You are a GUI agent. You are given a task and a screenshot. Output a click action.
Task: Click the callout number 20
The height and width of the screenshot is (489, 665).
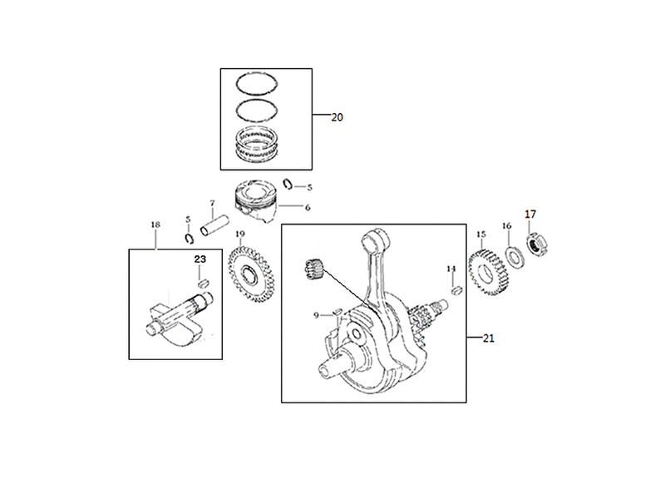337,117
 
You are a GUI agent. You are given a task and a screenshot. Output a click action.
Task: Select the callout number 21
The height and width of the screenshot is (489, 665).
489,338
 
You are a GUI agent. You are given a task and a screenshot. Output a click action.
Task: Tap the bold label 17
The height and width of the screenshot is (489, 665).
530,215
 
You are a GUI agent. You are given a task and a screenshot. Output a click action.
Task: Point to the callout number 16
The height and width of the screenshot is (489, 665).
507,226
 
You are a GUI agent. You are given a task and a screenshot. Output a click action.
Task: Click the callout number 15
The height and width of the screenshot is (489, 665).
481,235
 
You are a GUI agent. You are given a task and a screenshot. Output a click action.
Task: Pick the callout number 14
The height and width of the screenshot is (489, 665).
451,269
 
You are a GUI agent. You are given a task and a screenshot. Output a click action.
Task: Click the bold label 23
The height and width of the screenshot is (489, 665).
200,259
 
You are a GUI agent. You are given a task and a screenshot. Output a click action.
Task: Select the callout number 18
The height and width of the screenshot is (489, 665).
155,225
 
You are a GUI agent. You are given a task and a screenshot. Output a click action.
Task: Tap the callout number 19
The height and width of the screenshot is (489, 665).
240,234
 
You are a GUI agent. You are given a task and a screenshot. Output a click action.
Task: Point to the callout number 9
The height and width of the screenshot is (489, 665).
316,315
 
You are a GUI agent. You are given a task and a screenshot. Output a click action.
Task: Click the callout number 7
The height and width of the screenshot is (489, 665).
212,203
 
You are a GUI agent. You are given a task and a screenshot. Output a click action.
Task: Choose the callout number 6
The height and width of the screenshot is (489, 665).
308,208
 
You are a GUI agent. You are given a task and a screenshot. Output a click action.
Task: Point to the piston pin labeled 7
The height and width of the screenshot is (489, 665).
214,226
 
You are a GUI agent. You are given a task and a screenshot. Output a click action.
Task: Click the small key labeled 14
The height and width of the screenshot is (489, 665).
456,291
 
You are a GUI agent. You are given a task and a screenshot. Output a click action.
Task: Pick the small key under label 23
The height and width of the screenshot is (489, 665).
203,282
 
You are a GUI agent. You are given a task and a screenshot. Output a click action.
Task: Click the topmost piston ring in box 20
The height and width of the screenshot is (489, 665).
257,73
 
